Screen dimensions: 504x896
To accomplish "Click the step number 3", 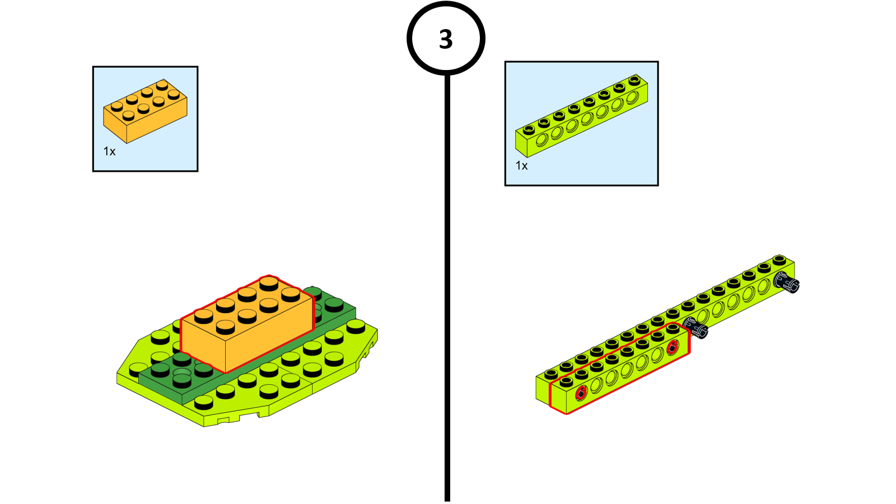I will tap(446, 39).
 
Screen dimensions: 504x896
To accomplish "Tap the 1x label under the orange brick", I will tap(109, 151).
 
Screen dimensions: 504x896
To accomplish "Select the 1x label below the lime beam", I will tap(521, 165).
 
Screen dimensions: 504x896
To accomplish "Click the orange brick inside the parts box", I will tap(145, 111).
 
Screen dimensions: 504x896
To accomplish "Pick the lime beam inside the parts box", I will tap(581, 116).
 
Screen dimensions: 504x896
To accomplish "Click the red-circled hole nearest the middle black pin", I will tap(673, 347).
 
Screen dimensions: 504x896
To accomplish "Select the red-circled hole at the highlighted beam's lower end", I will tap(581, 393).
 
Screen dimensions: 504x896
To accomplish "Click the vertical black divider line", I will tap(447, 280).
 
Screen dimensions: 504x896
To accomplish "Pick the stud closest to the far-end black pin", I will tap(779, 260).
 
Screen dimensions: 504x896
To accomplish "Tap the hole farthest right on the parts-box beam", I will tap(632, 98).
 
